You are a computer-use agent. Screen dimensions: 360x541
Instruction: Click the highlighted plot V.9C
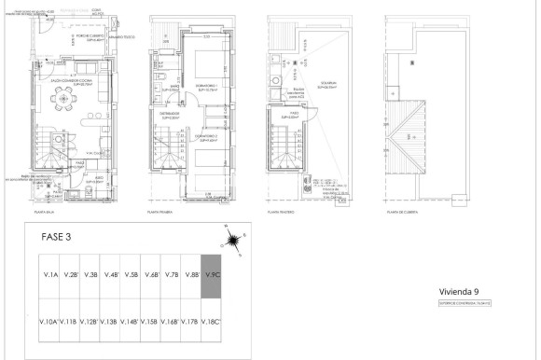point(213,275)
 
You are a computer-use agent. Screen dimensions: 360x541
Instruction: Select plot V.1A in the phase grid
point(50,275)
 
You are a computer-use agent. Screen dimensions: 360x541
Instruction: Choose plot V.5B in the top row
point(132,275)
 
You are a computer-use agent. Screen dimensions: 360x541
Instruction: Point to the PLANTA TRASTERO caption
point(284,214)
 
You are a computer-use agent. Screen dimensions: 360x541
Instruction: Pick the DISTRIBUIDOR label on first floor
point(169,115)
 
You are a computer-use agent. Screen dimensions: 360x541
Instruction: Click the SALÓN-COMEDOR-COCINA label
point(71,81)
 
